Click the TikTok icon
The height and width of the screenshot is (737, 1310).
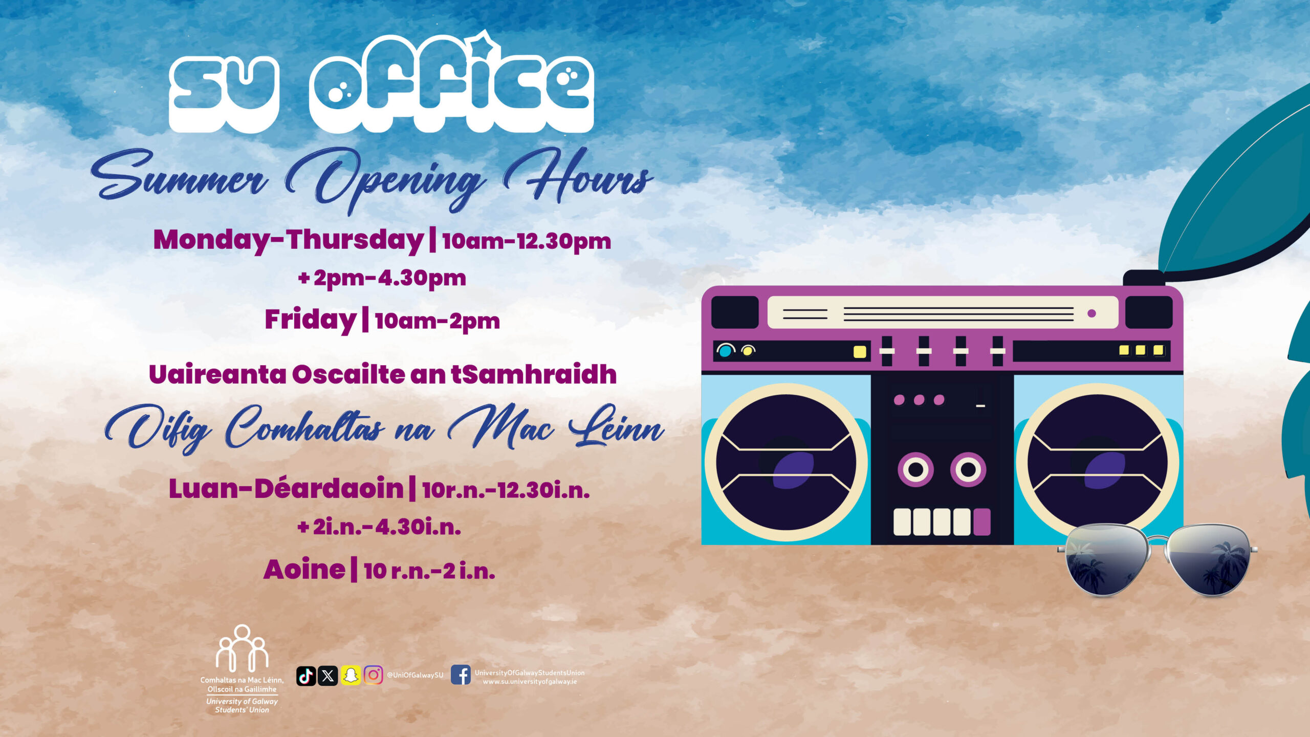point(306,676)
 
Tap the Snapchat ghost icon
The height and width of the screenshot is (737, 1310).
point(351,676)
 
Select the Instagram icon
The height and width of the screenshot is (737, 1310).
point(373,676)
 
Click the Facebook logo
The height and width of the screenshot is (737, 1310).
point(461,675)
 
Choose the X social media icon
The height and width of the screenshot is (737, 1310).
point(327,676)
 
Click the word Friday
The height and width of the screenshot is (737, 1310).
point(310,320)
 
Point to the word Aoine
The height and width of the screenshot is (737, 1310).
point(304,570)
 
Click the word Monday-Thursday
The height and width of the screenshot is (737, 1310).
point(288,240)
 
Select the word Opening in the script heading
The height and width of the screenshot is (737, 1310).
point(384,179)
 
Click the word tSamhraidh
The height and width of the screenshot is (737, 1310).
point(533,374)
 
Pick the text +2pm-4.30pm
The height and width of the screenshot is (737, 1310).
point(382,278)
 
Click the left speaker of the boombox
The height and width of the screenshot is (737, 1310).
point(786,462)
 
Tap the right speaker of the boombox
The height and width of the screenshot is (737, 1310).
point(1098,462)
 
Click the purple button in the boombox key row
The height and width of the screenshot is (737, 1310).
point(981,522)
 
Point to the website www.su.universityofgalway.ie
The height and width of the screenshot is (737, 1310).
point(530,682)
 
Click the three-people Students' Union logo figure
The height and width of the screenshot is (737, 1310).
point(242,648)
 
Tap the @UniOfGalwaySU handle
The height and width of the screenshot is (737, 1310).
point(415,675)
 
